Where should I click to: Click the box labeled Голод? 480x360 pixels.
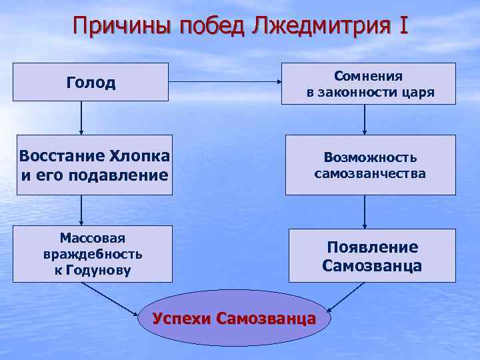coord(91,82)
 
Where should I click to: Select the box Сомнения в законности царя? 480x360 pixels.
coord(370,84)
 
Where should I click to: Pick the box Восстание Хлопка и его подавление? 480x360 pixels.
coord(94,165)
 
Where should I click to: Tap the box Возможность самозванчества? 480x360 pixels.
coord(370,165)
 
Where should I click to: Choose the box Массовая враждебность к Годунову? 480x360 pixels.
coord(93,255)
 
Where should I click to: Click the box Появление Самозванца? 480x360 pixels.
coord(371,256)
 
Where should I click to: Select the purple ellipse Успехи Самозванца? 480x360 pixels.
coord(233,317)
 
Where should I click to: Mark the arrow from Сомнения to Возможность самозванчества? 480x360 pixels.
coord(365,119)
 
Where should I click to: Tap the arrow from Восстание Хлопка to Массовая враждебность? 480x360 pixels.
coord(81,211)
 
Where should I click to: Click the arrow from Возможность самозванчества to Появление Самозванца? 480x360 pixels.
coord(365,211)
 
